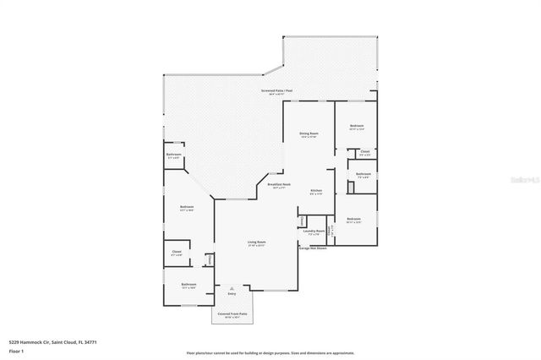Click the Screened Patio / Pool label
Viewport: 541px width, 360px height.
276,90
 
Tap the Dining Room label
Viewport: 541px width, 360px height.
309,134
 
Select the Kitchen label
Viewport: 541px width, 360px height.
315,190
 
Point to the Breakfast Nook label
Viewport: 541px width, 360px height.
279,184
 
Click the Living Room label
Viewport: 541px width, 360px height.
256,243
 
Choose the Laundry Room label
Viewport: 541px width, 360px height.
314,231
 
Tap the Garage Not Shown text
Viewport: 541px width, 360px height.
314,248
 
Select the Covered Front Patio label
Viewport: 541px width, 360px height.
232,314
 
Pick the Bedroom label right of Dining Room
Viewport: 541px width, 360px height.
357,126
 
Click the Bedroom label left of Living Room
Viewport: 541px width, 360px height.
187,207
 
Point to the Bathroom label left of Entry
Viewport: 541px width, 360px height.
189,284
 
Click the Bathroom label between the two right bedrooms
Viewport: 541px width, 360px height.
363,175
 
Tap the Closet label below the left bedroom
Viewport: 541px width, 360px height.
177,252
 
